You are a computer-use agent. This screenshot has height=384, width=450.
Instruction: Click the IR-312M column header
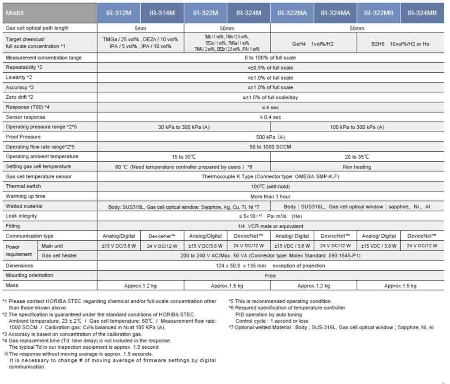[x=119, y=13]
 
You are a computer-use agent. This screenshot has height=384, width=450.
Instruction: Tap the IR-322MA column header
[x=292, y=13]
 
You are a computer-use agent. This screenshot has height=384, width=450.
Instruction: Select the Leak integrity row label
[x=21, y=216]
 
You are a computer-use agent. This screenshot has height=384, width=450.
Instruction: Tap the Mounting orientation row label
[x=29, y=276]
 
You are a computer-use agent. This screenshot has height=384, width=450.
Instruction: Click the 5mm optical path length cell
[x=140, y=28]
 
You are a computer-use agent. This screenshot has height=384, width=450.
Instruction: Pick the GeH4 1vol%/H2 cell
[x=314, y=44]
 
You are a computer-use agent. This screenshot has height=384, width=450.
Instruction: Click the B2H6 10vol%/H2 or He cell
[x=400, y=44]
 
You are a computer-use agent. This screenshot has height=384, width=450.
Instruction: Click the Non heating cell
[x=357, y=167]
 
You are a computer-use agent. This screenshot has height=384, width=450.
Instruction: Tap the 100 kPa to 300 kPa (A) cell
[x=357, y=127]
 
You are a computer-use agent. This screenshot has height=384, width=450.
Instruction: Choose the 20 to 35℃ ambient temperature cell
[x=357, y=157]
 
